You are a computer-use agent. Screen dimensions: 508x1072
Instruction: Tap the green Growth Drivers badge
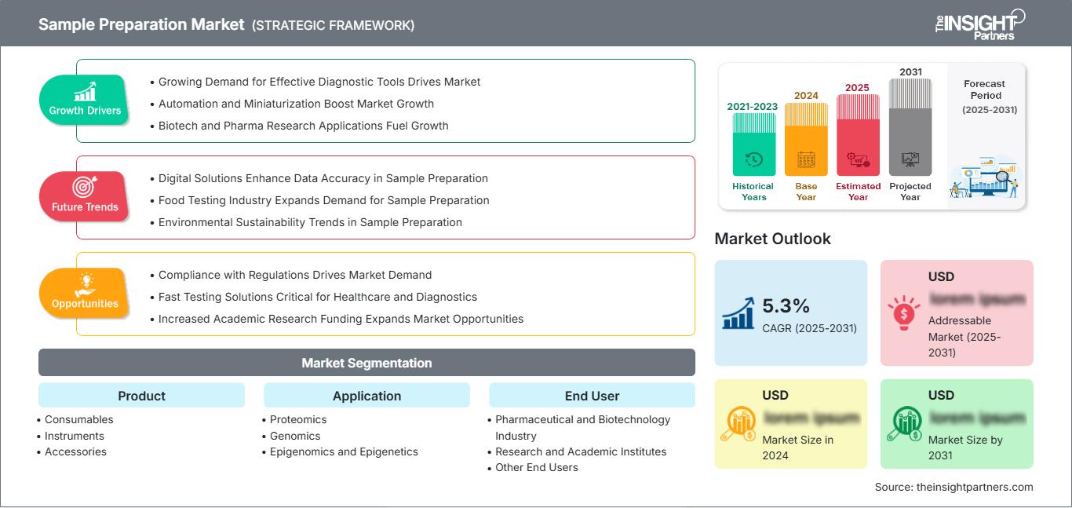point(85,100)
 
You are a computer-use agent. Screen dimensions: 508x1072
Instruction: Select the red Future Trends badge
point(85,196)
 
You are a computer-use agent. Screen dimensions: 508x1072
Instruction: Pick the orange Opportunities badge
point(85,293)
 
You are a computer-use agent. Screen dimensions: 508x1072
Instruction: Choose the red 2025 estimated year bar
point(858,135)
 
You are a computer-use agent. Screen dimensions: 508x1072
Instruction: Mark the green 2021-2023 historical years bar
point(753,144)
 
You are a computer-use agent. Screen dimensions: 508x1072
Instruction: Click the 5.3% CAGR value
point(786,306)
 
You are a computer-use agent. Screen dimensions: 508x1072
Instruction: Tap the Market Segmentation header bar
point(366,363)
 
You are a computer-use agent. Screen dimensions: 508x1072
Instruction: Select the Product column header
point(141,396)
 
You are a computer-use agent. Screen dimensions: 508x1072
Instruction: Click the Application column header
point(366,396)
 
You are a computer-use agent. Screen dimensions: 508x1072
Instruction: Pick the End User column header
point(592,396)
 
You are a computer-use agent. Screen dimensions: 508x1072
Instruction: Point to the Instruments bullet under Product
point(75,436)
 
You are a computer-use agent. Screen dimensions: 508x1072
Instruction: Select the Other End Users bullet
point(537,467)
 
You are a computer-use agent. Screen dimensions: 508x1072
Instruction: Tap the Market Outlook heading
point(772,239)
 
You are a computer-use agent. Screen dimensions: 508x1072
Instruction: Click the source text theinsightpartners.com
point(953,487)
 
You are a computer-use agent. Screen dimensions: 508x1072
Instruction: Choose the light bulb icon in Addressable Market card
point(903,312)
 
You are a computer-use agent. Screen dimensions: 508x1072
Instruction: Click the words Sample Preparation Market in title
point(141,24)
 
